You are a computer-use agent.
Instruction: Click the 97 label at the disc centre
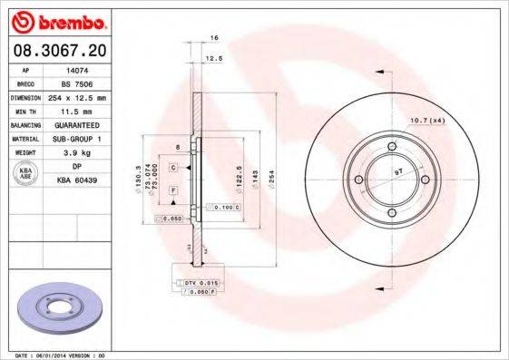(397, 170)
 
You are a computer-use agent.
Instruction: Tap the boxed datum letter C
(171, 156)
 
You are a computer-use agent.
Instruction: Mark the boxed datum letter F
(171, 190)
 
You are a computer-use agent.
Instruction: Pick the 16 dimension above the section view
(214, 38)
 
